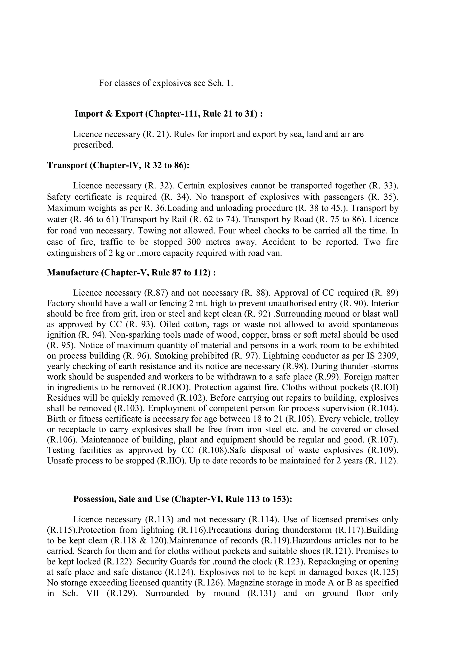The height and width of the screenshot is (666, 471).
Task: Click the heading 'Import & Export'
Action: tap(109, 114)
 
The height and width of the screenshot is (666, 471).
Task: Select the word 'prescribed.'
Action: tap(93, 145)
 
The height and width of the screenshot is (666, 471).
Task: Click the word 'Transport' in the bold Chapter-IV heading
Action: tap(67, 165)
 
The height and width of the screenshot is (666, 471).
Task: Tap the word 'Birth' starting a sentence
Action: tap(57, 419)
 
